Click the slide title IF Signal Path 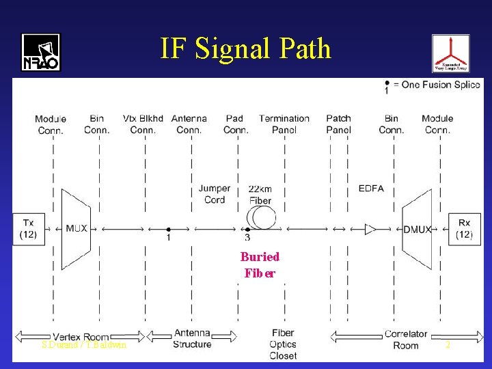245,49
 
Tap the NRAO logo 41,53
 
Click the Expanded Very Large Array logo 450,53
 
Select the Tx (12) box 28,228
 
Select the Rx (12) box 464,228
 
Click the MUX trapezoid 76,228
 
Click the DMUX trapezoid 418,229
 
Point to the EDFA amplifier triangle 370,229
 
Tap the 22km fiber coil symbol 262,218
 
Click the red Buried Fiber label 260,265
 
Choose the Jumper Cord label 214,194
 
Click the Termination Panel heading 284,124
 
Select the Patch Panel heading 338,124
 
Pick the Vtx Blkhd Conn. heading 143,124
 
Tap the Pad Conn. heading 235,124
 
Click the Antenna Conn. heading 189,124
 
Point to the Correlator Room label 406,340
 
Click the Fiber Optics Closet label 283,344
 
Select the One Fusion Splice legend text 441,85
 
